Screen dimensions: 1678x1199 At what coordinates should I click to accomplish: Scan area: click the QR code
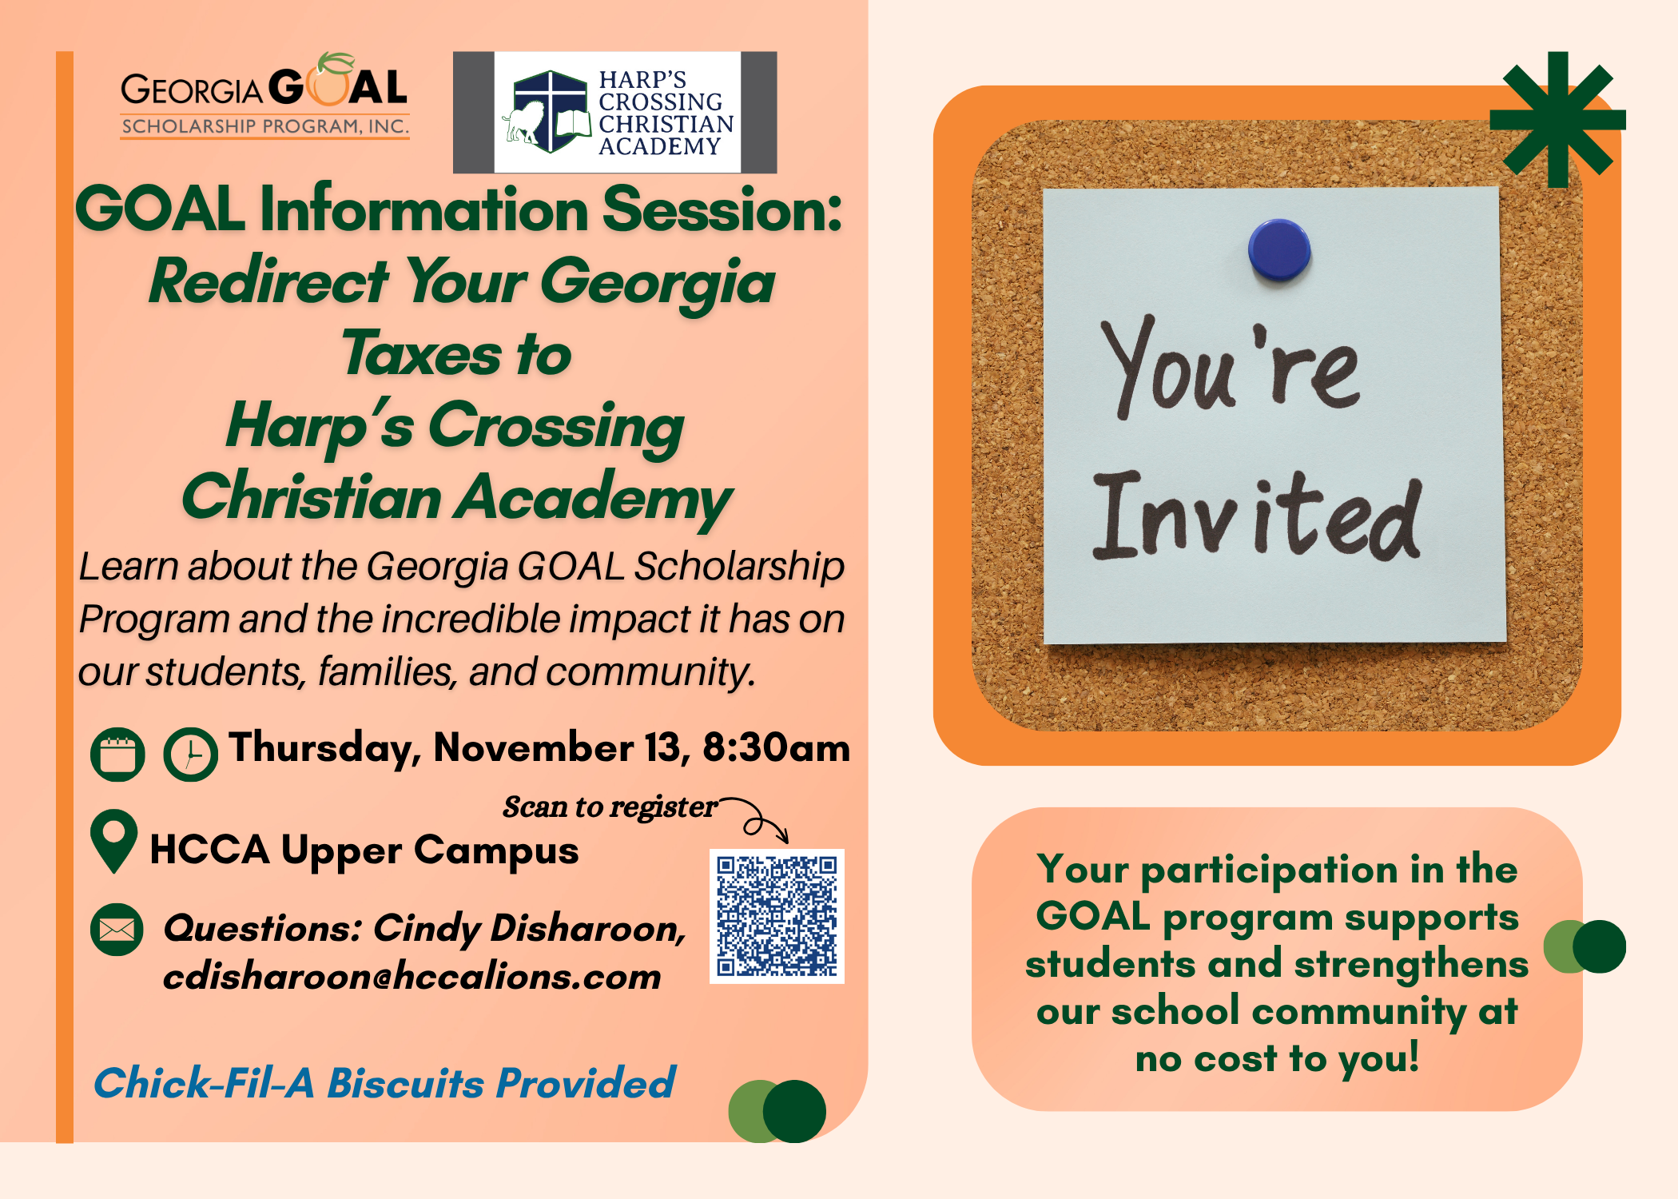pyautogui.click(x=777, y=916)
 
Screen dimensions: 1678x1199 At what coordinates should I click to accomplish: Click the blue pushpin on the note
pyautogui.click(x=1279, y=249)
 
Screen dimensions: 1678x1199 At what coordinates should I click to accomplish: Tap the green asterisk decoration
pyautogui.click(x=1558, y=120)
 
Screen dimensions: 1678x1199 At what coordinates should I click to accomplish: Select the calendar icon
pyautogui.click(x=117, y=754)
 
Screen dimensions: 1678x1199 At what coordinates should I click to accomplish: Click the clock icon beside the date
pyautogui.click(x=190, y=754)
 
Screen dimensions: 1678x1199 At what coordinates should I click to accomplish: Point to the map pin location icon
pyautogui.click(x=114, y=841)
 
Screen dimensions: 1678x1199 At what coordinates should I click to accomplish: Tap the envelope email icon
pyautogui.click(x=117, y=930)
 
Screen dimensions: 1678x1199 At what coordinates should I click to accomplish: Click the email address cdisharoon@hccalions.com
pyautogui.click(x=412, y=977)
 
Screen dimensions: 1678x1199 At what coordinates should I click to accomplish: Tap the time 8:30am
pyautogui.click(x=776, y=748)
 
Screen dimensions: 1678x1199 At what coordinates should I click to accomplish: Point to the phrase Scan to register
pyautogui.click(x=610, y=807)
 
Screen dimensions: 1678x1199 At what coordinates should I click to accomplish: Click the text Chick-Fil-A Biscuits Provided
pyautogui.click(x=384, y=1083)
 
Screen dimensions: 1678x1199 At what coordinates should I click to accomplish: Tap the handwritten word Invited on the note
pyautogui.click(x=1256, y=516)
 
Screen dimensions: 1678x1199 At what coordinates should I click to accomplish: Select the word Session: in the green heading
pyautogui.click(x=722, y=209)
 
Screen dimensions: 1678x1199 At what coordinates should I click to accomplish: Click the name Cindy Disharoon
pyautogui.click(x=529, y=929)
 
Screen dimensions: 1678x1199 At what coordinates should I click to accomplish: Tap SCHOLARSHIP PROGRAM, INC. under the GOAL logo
pyautogui.click(x=265, y=126)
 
